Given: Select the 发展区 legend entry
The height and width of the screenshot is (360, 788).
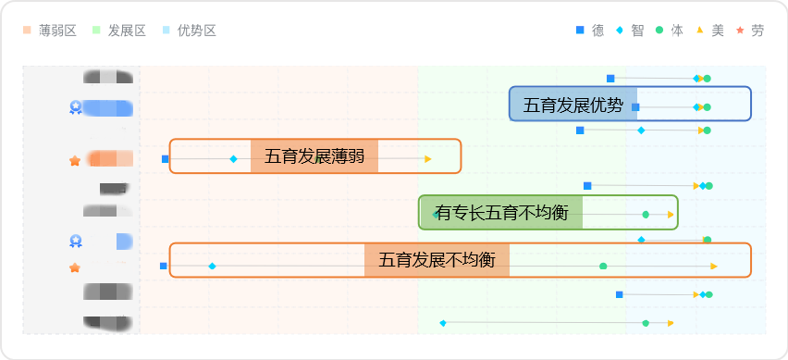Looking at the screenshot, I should pyautogui.click(x=119, y=31).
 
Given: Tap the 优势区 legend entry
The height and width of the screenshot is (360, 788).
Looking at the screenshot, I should pyautogui.click(x=189, y=31).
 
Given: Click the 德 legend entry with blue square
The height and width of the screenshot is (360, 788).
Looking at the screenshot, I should pyautogui.click(x=590, y=31).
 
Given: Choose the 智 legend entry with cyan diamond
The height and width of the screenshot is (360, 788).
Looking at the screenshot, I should pyautogui.click(x=630, y=31).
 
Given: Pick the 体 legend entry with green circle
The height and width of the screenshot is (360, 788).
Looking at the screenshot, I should pyautogui.click(x=670, y=31).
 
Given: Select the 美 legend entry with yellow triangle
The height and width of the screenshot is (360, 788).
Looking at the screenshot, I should pyautogui.click(x=710, y=31).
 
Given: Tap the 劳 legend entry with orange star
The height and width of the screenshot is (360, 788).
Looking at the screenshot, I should pyautogui.click(x=750, y=31).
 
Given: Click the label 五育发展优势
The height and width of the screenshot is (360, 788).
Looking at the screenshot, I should pyautogui.click(x=573, y=105).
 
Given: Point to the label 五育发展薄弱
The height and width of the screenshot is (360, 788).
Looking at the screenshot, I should pyautogui.click(x=314, y=156).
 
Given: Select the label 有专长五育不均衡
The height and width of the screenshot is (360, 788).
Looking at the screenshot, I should pyautogui.click(x=501, y=213).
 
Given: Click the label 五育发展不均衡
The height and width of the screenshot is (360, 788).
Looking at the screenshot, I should pyautogui.click(x=437, y=260).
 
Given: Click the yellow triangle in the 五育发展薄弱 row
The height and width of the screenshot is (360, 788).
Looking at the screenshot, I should pyautogui.click(x=428, y=159).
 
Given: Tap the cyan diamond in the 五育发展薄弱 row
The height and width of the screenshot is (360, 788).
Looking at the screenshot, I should pyautogui.click(x=233, y=159).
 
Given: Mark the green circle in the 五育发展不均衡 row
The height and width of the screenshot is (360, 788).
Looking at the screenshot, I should pyautogui.click(x=603, y=267).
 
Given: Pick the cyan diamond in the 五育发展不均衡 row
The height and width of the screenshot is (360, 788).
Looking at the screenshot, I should pyautogui.click(x=212, y=267).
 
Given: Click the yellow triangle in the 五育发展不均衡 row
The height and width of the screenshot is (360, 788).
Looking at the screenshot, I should pyautogui.click(x=714, y=267).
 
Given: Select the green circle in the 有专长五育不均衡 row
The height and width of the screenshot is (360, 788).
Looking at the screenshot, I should pyautogui.click(x=646, y=215).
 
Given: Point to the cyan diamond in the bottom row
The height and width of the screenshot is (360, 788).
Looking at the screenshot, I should pyautogui.click(x=443, y=323).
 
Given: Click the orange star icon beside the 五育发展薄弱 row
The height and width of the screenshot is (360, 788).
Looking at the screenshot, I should pyautogui.click(x=75, y=161).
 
